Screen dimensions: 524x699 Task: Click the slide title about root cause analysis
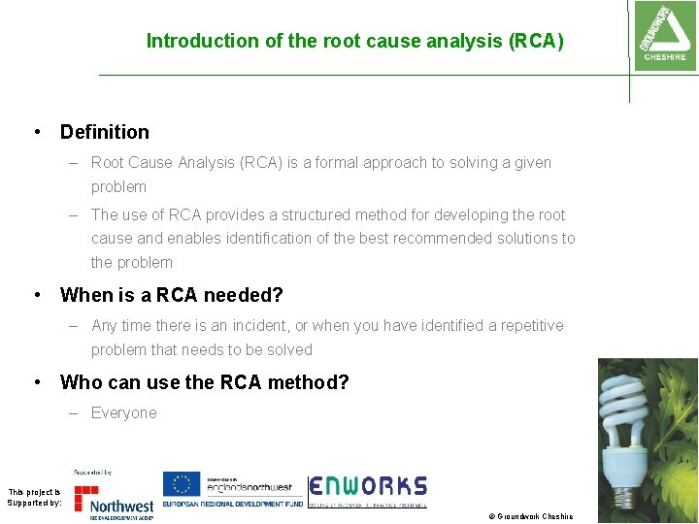(354, 41)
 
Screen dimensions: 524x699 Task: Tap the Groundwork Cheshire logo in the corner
(663, 34)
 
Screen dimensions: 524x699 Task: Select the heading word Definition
(105, 132)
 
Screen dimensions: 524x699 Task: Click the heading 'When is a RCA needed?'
(171, 295)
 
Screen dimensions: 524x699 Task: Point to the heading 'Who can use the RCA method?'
(204, 382)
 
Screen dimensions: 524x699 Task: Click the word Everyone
(123, 413)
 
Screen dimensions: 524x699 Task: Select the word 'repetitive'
(527, 326)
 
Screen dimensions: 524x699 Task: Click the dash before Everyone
(74, 413)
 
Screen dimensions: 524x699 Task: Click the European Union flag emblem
(180, 483)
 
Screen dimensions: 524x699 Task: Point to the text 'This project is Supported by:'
(34, 498)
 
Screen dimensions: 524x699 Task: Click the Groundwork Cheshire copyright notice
(530, 516)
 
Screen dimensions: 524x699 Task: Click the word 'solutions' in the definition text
(523, 239)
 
